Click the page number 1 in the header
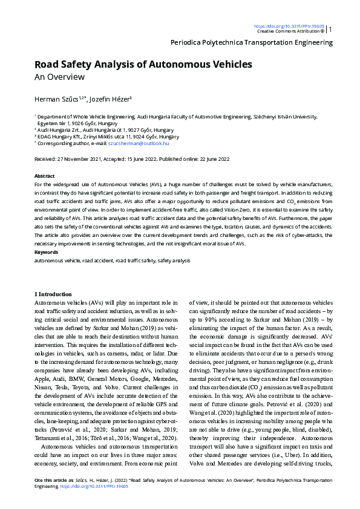point(330,28)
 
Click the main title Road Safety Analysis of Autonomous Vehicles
point(143,64)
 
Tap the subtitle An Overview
point(59,77)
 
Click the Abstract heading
point(45,175)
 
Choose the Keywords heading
point(46,251)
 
